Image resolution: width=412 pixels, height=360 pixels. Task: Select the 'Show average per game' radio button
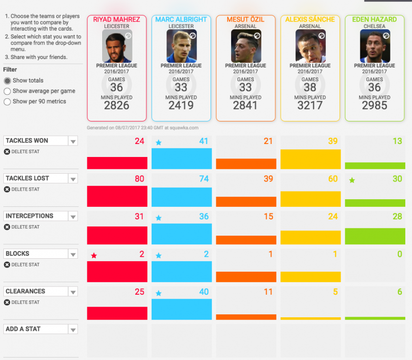7,91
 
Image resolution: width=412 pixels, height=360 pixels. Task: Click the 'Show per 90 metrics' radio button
7,102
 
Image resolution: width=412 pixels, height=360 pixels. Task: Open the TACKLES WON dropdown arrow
73,141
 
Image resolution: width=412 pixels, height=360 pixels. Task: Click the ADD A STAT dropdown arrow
73,329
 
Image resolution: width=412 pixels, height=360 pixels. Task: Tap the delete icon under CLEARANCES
7,302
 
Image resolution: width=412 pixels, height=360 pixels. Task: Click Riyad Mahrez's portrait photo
117,46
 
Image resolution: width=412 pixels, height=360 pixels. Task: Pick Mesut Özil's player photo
246,46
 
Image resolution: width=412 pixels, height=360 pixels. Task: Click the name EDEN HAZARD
375,20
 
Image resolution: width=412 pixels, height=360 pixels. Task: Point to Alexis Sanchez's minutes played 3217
310,106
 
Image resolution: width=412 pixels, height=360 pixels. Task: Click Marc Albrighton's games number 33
181,87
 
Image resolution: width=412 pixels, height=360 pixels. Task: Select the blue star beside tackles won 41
158,143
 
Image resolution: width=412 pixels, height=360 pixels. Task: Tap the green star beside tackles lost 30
352,180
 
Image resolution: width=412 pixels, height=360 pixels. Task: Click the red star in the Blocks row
94,255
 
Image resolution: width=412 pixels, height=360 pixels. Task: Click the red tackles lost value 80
140,179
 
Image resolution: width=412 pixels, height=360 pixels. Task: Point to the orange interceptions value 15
269,216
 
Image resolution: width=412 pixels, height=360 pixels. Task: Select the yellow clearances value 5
335,292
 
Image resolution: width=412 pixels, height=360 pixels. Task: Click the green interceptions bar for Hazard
375,236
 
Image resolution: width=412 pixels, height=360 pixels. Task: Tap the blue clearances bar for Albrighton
182,309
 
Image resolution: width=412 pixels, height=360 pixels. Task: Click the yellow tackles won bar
311,159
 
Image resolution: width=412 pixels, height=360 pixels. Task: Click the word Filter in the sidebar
10,70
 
